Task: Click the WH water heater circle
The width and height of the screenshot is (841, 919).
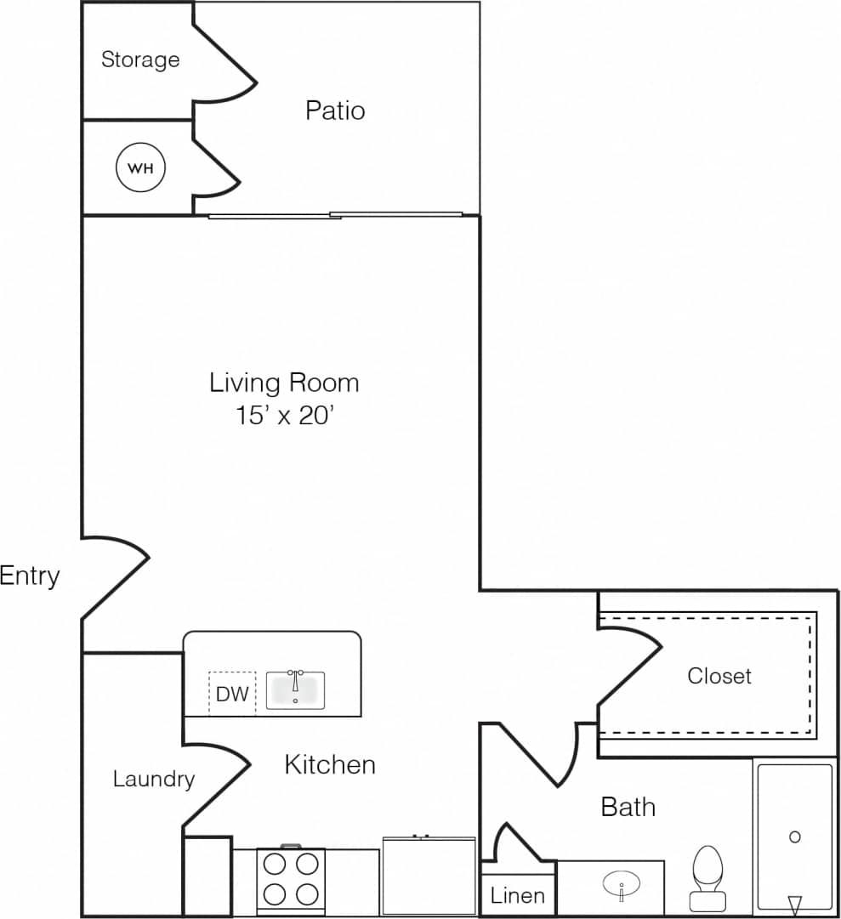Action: tap(140, 167)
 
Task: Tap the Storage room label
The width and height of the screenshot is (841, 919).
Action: tap(140, 60)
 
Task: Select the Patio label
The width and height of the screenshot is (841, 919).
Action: tap(335, 111)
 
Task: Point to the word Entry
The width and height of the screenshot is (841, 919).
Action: tap(30, 576)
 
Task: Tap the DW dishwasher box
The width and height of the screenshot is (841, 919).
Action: tap(232, 694)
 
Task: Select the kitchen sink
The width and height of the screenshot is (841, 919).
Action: tap(295, 689)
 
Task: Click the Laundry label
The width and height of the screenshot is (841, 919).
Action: tap(154, 779)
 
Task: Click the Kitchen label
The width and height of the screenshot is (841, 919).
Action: tap(330, 764)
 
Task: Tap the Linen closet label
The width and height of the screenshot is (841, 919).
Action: tap(518, 895)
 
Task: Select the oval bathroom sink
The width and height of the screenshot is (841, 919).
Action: tap(622, 886)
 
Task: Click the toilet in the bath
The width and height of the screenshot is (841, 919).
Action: tap(707, 876)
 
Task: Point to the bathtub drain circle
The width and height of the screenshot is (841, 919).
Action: tap(794, 837)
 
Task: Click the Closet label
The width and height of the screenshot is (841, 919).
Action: tap(719, 676)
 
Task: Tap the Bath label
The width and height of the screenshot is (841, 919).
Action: tap(628, 806)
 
